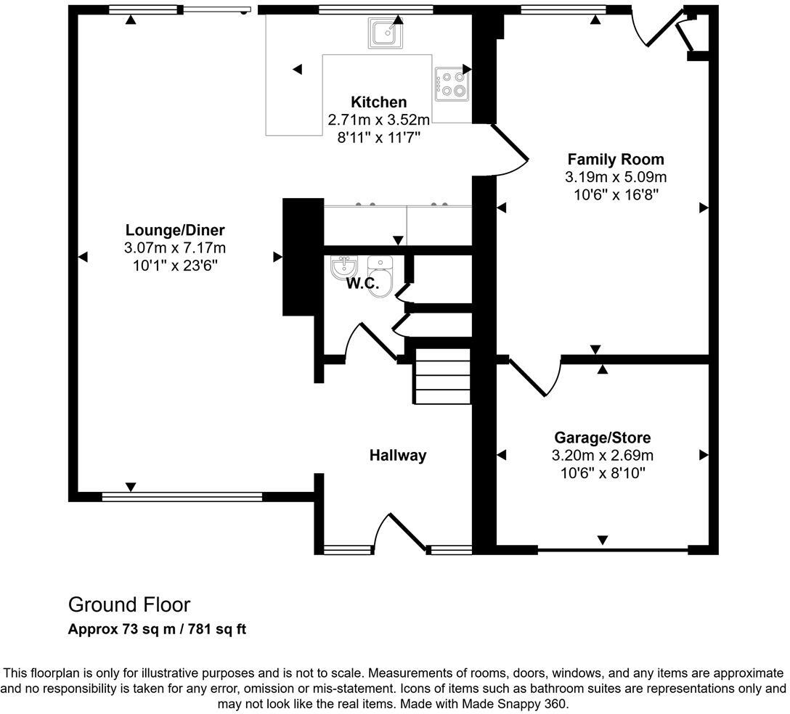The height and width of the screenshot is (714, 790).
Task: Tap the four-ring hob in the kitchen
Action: click(452, 83)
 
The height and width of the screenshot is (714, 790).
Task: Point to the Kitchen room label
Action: click(378, 102)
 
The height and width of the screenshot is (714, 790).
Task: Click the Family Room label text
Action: click(615, 160)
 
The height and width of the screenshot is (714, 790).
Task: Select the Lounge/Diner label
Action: click(174, 231)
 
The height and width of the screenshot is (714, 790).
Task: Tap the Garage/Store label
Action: click(602, 438)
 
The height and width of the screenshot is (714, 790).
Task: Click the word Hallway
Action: click(397, 456)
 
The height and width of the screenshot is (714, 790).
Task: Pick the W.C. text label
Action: click(362, 284)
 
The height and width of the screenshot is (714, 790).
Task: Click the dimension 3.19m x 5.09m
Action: click(615, 177)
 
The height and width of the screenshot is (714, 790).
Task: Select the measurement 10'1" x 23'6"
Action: click(174, 266)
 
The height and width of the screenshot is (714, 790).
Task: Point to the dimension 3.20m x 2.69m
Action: click(602, 456)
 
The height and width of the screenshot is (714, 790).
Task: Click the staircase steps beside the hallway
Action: click(442, 377)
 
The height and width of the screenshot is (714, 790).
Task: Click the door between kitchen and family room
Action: click(511, 149)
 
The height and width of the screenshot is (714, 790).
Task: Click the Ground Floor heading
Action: click(129, 604)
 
